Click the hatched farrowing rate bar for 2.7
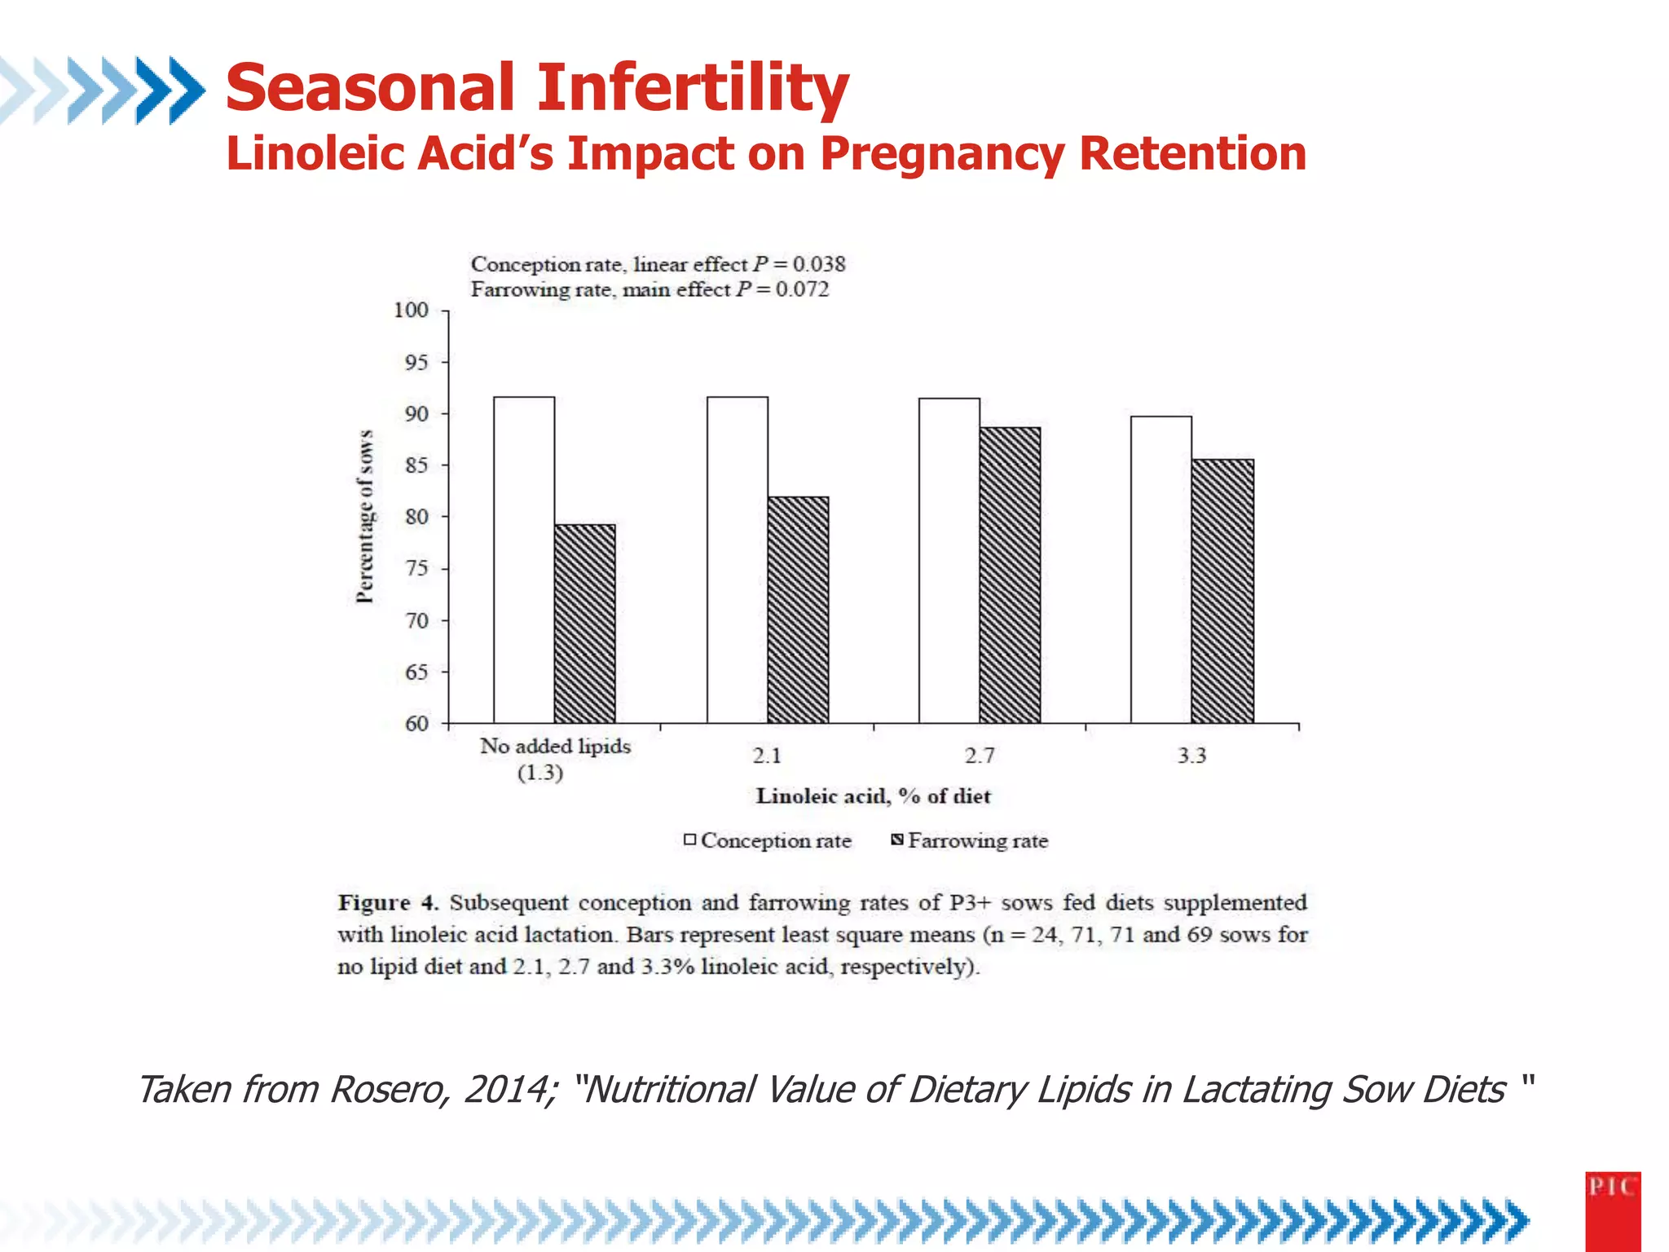1010,575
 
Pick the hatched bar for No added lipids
584,624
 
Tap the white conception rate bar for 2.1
738,559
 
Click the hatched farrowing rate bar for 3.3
1222,591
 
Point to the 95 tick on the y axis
416,362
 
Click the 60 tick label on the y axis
416,724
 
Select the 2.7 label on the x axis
979,756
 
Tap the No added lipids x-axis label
554,747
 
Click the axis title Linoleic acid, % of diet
873,796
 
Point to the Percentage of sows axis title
365,517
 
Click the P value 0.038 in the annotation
818,264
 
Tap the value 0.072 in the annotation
802,289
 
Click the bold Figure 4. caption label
388,903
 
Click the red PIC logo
1612,1210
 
